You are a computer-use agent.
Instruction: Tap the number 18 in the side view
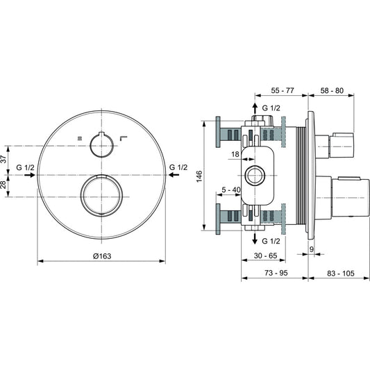pyautogui.click(x=235, y=154)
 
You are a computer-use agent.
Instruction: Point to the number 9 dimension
pyautogui.click(x=311, y=249)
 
